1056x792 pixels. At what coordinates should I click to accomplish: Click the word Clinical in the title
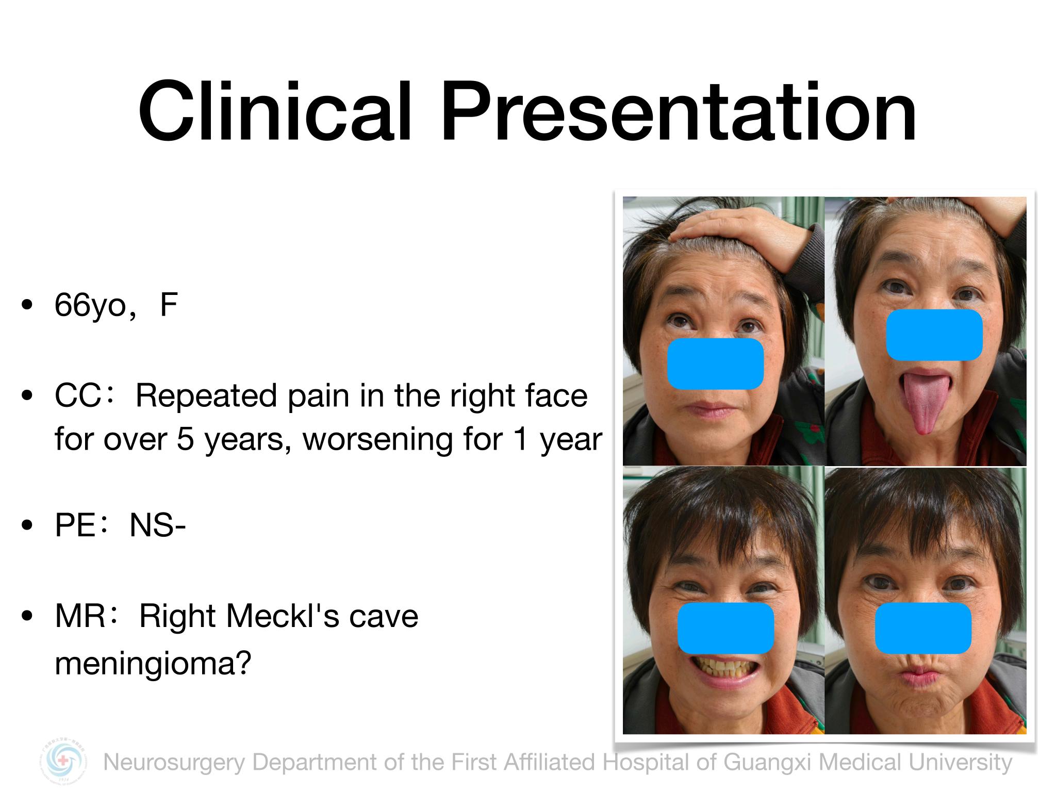[275, 111]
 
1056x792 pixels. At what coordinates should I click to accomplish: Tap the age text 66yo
[91, 306]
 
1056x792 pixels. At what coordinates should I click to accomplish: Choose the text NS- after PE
[157, 526]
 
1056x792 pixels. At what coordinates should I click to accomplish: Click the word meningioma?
[153, 663]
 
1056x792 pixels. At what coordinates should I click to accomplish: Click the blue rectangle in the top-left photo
[715, 364]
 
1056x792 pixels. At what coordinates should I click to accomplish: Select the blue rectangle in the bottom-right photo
[923, 628]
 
